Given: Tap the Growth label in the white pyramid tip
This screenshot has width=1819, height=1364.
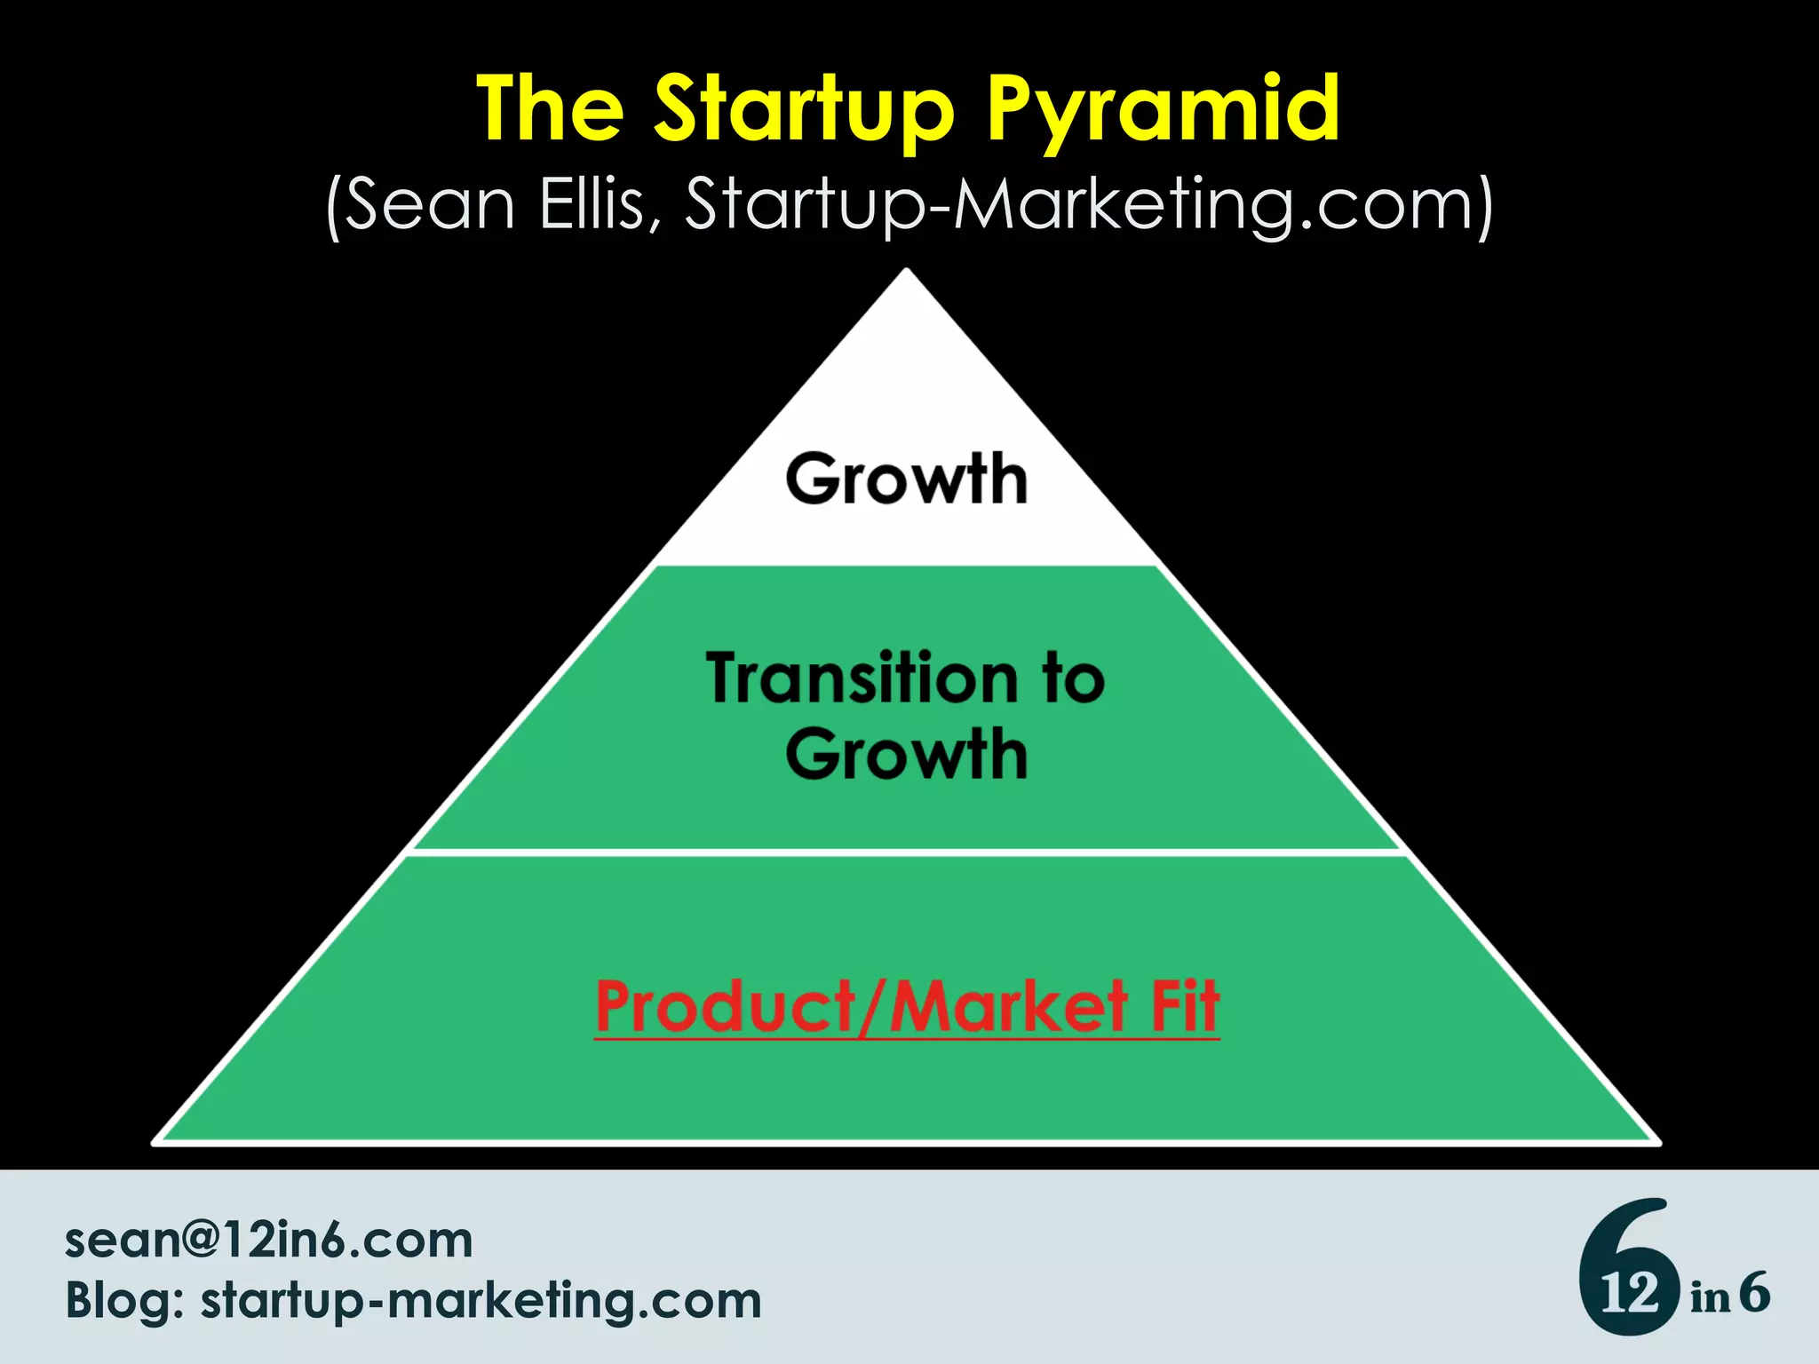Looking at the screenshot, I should (906, 480).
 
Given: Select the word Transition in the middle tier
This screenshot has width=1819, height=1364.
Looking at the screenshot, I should (862, 679).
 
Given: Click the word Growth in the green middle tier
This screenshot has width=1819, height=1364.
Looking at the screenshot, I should (906, 755).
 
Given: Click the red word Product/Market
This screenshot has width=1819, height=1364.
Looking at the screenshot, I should (862, 1008).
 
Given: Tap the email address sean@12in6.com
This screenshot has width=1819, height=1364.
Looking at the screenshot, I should (268, 1240).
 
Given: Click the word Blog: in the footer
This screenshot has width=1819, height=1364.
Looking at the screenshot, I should (124, 1302).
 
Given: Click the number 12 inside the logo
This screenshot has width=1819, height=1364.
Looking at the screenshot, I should (1629, 1294).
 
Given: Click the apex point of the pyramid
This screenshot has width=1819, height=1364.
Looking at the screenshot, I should (906, 270).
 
